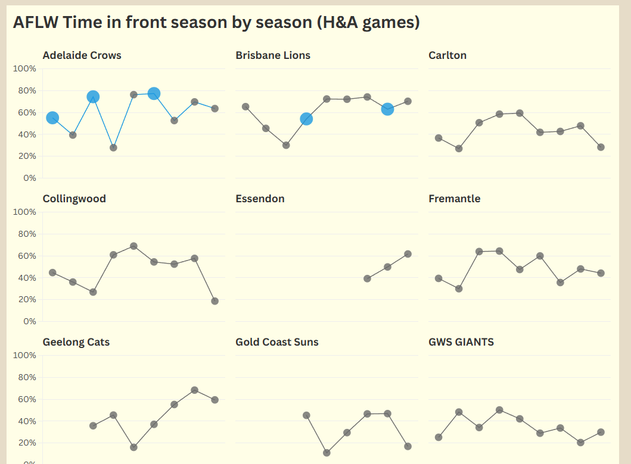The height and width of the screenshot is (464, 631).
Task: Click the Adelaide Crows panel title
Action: coord(82,55)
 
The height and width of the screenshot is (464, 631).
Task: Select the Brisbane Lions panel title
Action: coord(273,55)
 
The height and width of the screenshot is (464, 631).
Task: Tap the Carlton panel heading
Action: coord(447,55)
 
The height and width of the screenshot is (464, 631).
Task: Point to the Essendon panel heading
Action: coord(260,199)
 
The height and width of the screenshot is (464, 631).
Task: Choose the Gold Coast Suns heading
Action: coord(277,342)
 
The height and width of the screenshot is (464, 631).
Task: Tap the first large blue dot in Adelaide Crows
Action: coord(52,118)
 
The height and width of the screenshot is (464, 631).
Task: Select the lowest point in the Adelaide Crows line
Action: coord(113,148)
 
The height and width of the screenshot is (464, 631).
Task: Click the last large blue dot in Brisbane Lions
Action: coord(387,109)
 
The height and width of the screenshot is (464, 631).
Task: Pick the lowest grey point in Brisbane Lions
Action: coord(286,145)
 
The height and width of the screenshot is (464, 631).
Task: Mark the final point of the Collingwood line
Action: coord(215,301)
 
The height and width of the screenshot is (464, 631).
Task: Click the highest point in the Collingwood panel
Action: coord(133,246)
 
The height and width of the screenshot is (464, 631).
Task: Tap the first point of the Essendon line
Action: coord(367,278)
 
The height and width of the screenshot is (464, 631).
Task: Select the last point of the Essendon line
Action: coord(408,254)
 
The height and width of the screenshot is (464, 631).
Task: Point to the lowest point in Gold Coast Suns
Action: coord(327,453)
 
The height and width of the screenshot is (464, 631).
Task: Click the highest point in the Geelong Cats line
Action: coord(194,390)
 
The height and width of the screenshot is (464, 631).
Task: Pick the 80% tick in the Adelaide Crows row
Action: coord(27,90)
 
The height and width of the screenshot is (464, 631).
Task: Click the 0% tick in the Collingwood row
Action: coord(30,321)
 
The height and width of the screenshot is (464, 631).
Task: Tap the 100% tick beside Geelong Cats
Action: coord(24,355)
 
